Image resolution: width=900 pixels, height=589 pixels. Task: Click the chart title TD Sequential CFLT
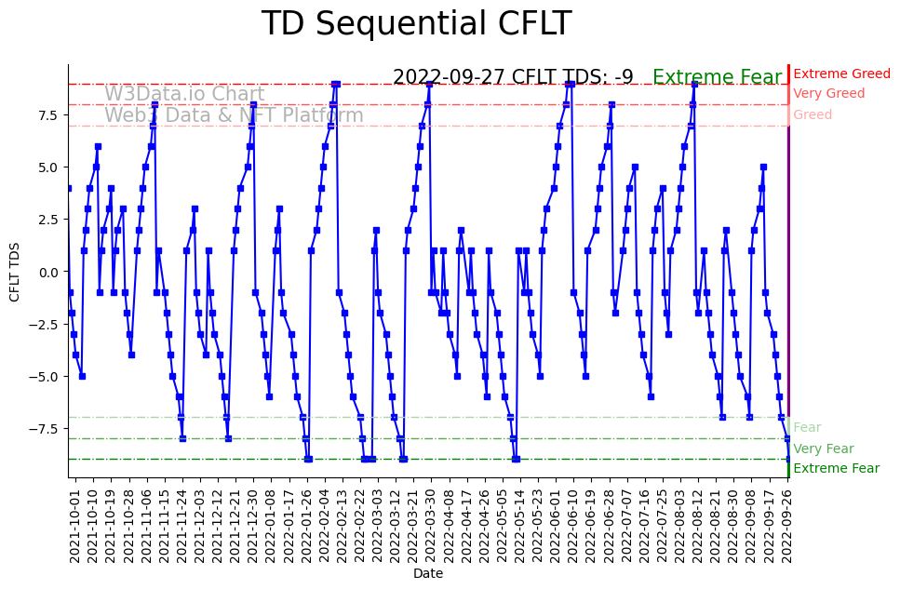click(x=416, y=24)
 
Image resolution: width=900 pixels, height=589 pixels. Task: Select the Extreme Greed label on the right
click(x=841, y=74)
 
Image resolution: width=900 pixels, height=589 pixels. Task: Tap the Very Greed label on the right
click(x=828, y=94)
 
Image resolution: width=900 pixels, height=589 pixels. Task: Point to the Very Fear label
click(x=823, y=448)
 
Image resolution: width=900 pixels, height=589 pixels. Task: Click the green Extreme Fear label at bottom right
click(x=836, y=468)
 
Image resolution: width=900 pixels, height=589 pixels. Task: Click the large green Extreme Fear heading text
click(x=717, y=78)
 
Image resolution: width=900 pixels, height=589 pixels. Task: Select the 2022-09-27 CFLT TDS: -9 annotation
click(x=513, y=77)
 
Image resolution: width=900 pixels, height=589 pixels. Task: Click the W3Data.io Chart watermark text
click(x=184, y=94)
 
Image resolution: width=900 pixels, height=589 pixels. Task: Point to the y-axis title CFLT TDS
click(x=15, y=272)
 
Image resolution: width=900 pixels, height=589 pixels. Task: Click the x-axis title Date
click(x=427, y=574)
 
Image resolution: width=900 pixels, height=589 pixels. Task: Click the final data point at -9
click(x=788, y=459)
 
